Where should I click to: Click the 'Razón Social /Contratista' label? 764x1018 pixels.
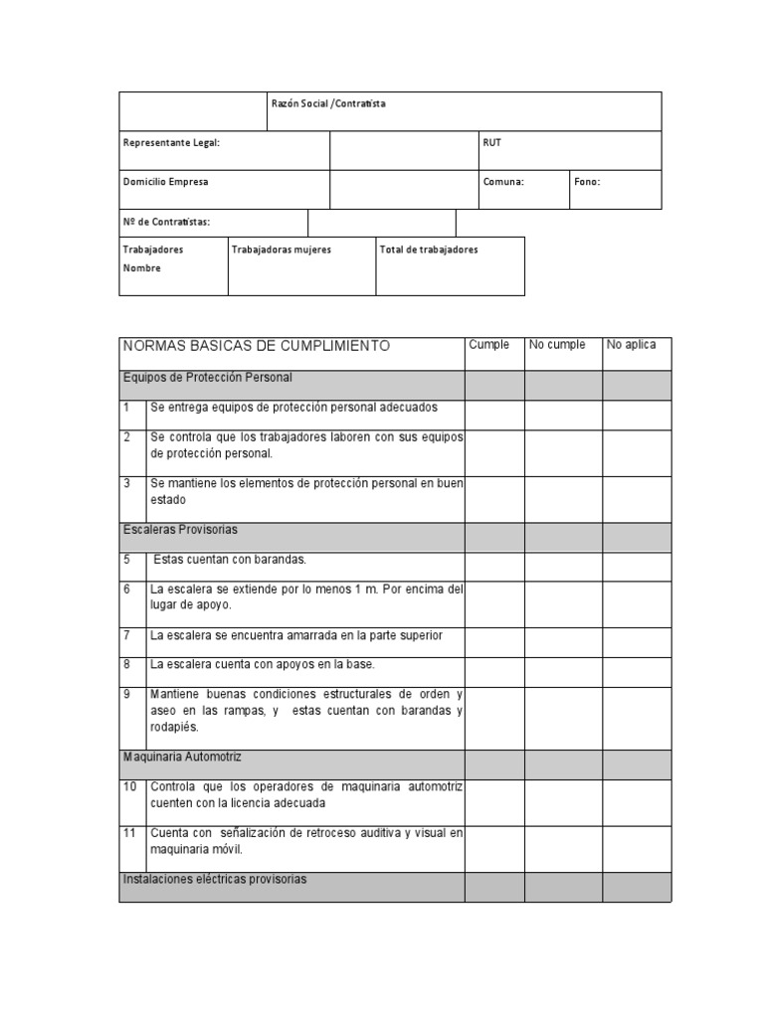click(329, 103)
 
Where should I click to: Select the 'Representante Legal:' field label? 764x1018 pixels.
click(171, 143)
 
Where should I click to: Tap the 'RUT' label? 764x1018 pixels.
click(492, 143)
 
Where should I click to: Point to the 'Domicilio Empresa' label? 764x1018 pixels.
click(166, 182)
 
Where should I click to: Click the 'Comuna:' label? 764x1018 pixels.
click(503, 182)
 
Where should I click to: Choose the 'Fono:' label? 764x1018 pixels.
click(587, 182)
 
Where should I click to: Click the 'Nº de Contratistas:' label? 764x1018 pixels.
click(166, 222)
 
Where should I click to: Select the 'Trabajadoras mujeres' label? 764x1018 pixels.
click(282, 250)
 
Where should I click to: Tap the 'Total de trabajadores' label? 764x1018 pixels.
click(429, 250)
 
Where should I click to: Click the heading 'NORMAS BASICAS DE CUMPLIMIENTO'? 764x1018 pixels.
click(256, 346)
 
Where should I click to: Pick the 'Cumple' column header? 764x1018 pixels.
click(489, 345)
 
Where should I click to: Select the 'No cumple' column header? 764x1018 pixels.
click(557, 345)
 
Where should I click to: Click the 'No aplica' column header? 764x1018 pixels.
click(632, 345)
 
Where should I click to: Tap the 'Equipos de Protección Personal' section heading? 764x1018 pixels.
click(207, 378)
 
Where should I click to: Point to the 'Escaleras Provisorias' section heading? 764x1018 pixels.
click(180, 530)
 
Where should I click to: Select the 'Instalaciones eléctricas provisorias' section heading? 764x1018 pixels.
click(215, 879)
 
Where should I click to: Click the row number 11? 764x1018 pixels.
click(130, 832)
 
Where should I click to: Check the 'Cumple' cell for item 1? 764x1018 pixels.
click(494, 415)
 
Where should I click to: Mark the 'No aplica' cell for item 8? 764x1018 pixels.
click(637, 670)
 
